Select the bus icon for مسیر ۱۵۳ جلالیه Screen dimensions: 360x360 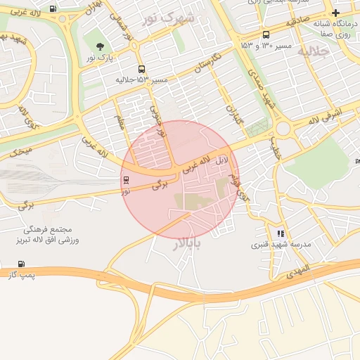tap(143, 70)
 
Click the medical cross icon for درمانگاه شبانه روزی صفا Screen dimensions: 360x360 tap(336, 13)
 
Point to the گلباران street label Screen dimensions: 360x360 tap(233, 114)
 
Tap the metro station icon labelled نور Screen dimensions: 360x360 tap(126, 181)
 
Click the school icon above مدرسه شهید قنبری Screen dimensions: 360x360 tap(281, 233)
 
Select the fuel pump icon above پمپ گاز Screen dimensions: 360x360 tap(21, 264)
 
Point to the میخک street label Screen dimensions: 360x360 tap(22, 149)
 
